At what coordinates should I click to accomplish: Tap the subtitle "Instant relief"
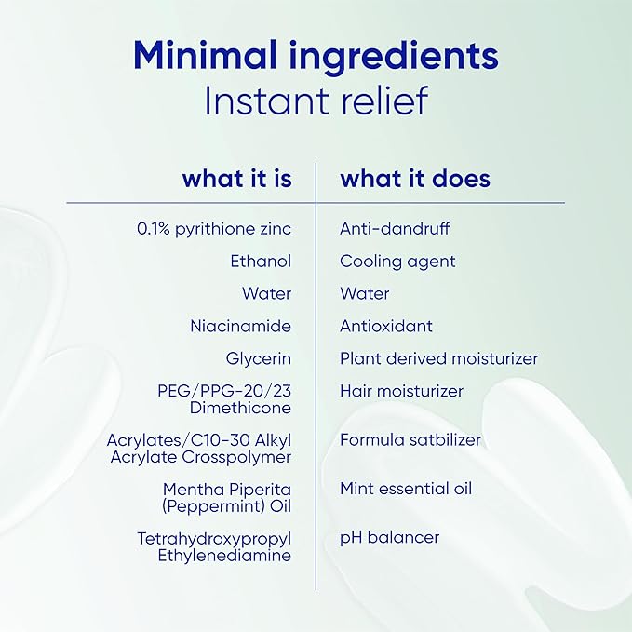click(316, 101)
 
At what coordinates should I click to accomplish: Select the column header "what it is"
click(237, 179)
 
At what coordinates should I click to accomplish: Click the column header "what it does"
click(415, 179)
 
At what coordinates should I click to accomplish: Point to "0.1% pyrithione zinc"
click(214, 229)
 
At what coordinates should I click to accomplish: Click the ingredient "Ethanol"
click(261, 262)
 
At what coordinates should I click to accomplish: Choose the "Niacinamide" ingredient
click(241, 326)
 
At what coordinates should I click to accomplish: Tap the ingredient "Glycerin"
click(259, 358)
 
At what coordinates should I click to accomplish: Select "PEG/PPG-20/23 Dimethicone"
click(224, 399)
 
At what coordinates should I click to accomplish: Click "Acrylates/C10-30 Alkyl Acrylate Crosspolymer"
click(199, 449)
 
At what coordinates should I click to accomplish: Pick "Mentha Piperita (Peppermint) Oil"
click(226, 498)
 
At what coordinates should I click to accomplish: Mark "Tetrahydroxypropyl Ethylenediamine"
click(214, 547)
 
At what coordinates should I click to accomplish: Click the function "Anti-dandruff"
click(395, 229)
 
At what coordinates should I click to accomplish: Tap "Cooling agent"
click(397, 262)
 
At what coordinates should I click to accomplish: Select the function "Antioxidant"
click(386, 326)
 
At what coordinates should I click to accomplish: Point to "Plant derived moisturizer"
click(439, 358)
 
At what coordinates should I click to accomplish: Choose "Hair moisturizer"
click(401, 391)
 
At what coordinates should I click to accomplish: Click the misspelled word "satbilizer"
click(446, 439)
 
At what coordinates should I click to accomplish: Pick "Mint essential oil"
click(406, 489)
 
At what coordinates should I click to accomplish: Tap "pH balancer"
click(390, 538)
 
